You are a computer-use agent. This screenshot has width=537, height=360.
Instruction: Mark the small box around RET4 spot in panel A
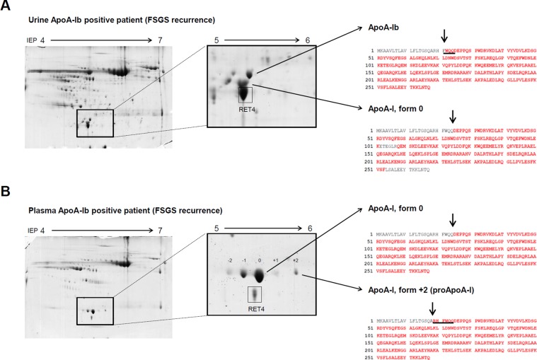245,93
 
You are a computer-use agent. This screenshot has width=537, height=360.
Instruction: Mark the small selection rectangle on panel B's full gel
94,312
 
